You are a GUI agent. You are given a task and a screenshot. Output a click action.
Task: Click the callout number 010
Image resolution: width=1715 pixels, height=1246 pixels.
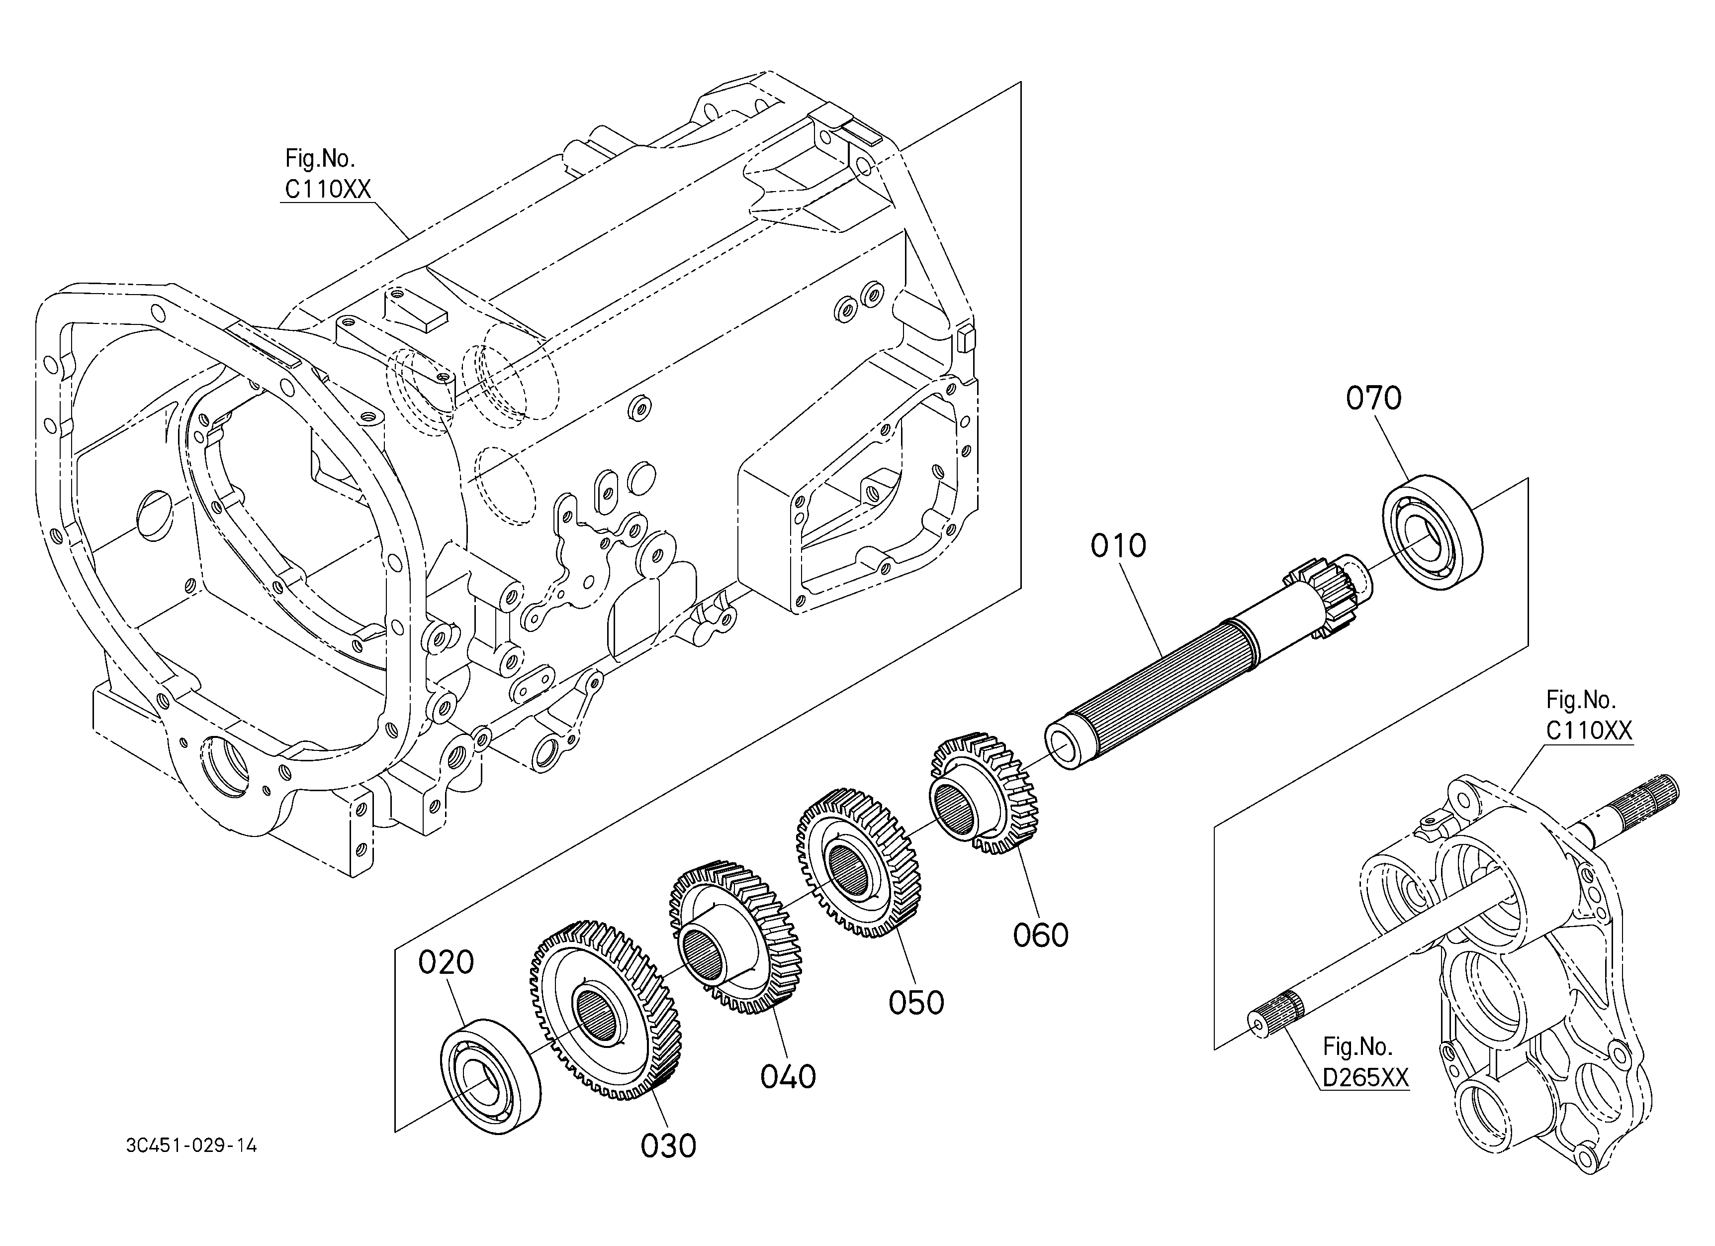click(1118, 545)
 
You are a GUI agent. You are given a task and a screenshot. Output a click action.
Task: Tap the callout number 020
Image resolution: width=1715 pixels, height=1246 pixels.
click(446, 962)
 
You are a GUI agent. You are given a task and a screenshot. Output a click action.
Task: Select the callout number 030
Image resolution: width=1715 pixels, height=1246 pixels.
click(668, 1146)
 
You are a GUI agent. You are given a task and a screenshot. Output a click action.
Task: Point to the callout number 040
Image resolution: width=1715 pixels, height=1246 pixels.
click(788, 1076)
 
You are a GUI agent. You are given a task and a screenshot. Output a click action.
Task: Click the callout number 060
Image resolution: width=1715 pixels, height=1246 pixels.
click(1041, 935)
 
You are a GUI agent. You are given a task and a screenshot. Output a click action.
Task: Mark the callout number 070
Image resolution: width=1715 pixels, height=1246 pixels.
click(1374, 398)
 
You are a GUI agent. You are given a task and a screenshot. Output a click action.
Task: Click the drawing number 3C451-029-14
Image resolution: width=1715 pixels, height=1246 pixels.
click(191, 1146)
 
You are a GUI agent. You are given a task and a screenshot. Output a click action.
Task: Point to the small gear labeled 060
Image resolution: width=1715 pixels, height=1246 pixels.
click(984, 793)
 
